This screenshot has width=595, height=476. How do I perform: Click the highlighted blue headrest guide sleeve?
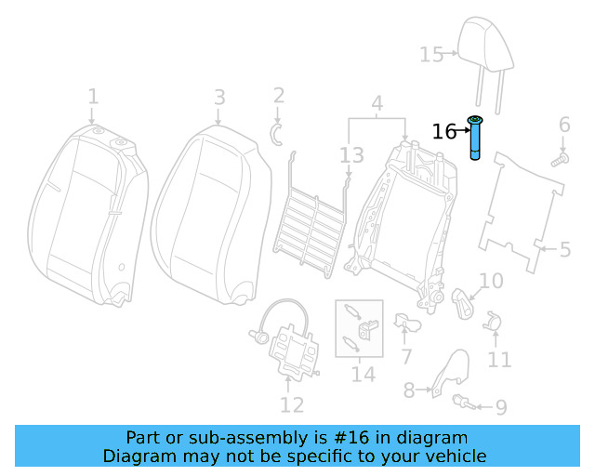476,140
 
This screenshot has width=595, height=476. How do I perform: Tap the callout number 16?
443,132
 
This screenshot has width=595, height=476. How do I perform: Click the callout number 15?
431,55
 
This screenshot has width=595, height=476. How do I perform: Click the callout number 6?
563,126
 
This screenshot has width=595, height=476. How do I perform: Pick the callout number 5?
564,249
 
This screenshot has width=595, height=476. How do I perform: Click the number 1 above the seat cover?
93,97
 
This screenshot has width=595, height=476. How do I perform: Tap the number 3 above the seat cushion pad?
219,97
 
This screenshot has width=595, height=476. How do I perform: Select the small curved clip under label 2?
276,133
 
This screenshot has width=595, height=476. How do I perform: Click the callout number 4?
377,102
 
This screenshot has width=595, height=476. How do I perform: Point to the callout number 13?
351,154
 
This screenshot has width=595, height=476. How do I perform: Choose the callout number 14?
363,374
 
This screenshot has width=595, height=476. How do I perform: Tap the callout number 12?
291,404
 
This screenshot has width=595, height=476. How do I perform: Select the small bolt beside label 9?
463,402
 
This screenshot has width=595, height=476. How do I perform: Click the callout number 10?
491,281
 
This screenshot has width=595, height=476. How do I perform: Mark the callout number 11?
499,360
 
